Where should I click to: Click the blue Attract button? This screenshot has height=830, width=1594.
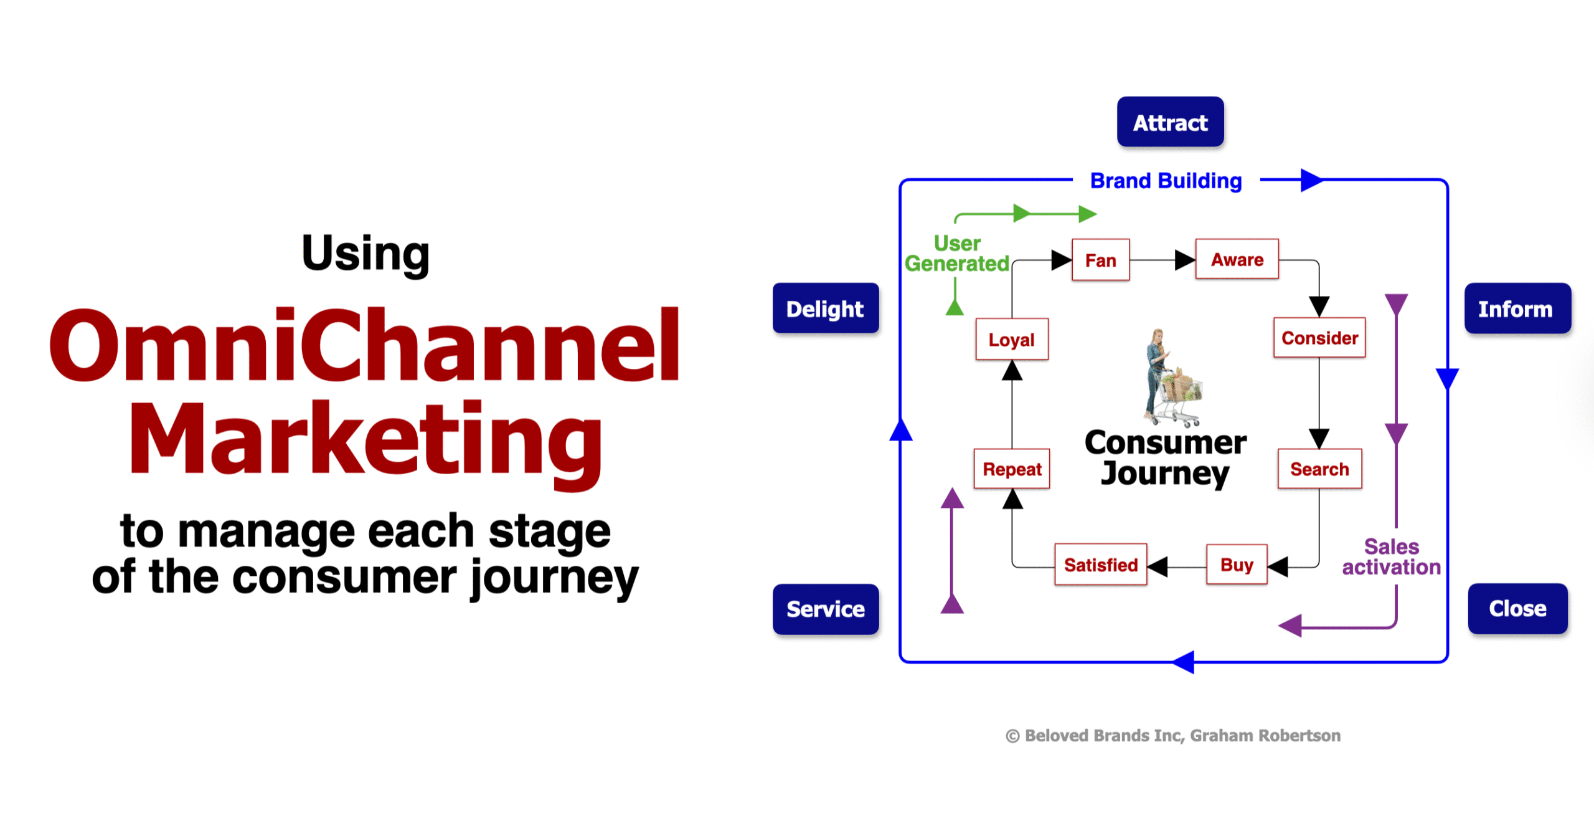coord(1170,122)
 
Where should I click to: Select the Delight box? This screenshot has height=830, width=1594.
coord(825,308)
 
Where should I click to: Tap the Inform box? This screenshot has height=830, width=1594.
coord(1517,308)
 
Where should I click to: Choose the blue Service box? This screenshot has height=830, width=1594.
coord(825,609)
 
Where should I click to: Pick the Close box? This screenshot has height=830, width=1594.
coord(1517,608)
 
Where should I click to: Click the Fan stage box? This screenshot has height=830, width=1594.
coord(1100,260)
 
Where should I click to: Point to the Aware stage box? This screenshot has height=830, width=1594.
coord(1237,259)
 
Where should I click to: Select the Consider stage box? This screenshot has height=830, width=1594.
coord(1319,338)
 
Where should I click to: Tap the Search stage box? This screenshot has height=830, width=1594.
coord(1319,469)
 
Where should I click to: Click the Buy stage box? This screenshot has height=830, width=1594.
coord(1236,565)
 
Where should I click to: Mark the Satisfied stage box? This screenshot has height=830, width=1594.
coord(1100,565)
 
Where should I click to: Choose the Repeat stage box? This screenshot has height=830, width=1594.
coord(1012,469)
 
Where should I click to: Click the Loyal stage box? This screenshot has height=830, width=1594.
coord(1011,339)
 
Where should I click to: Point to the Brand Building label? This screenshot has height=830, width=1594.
coord(1166,181)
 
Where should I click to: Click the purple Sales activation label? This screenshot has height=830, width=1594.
coord(1391,557)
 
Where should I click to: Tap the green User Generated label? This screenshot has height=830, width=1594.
coord(956,254)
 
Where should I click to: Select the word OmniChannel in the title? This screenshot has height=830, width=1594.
coord(365,345)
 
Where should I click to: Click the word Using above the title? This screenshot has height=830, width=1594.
coord(365,254)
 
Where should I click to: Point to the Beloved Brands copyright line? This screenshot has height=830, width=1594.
coord(1172,735)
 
